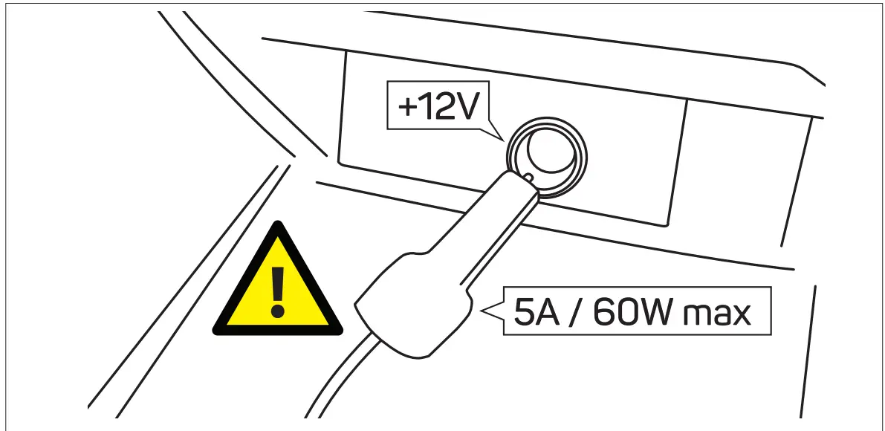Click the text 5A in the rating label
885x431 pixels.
(533, 311)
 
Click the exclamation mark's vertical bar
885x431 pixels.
(279, 284)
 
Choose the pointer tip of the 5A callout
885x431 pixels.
(484, 311)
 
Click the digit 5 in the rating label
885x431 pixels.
(523, 311)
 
